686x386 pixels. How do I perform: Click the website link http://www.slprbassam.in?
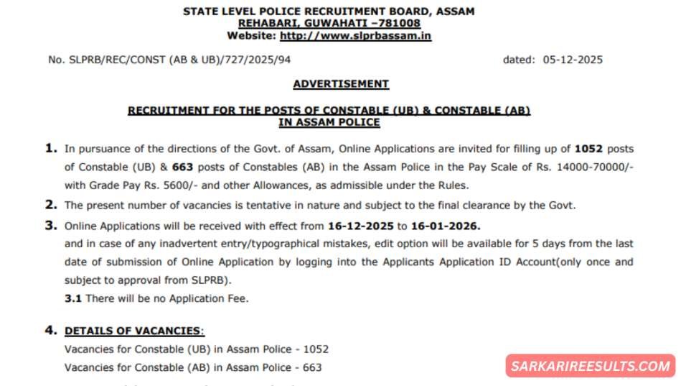(355, 35)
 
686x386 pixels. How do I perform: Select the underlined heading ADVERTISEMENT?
(341, 84)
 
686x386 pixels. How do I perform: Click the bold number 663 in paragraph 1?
(185, 167)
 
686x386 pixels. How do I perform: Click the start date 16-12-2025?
(361, 225)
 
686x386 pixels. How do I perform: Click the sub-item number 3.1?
(72, 298)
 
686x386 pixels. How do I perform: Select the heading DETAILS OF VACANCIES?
(133, 331)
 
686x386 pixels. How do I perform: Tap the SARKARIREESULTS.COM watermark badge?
(591, 366)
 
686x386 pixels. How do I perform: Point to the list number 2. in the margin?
(51, 205)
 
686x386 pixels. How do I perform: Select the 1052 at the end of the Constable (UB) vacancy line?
(315, 349)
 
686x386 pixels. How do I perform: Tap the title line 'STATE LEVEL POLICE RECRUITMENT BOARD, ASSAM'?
(329, 12)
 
